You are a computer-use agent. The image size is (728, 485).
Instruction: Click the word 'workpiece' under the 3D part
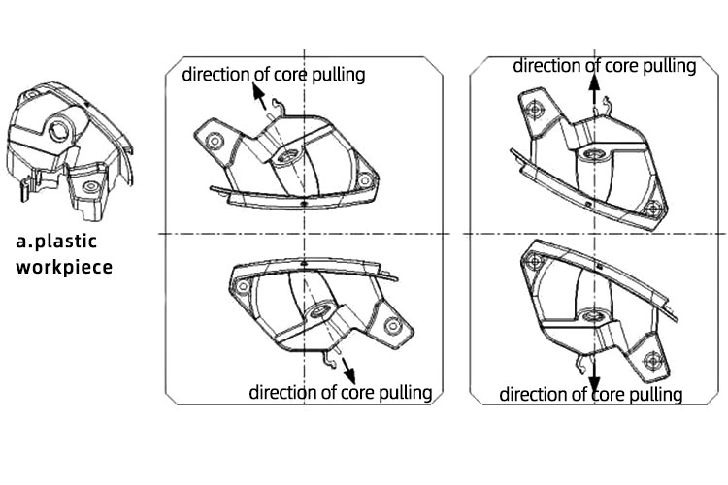point(65,265)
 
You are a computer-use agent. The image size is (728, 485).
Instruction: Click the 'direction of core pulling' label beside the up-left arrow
point(274,75)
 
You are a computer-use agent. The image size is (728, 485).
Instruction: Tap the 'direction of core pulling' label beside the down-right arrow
point(341,392)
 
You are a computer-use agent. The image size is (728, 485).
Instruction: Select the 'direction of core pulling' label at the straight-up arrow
point(604,66)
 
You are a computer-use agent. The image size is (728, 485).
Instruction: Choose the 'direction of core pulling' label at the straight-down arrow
point(591,394)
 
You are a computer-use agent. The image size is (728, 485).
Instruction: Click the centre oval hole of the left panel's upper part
point(288,156)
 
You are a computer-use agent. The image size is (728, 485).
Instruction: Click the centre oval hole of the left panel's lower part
point(319,312)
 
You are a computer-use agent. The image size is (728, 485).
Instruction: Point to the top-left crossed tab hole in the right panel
point(531,111)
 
